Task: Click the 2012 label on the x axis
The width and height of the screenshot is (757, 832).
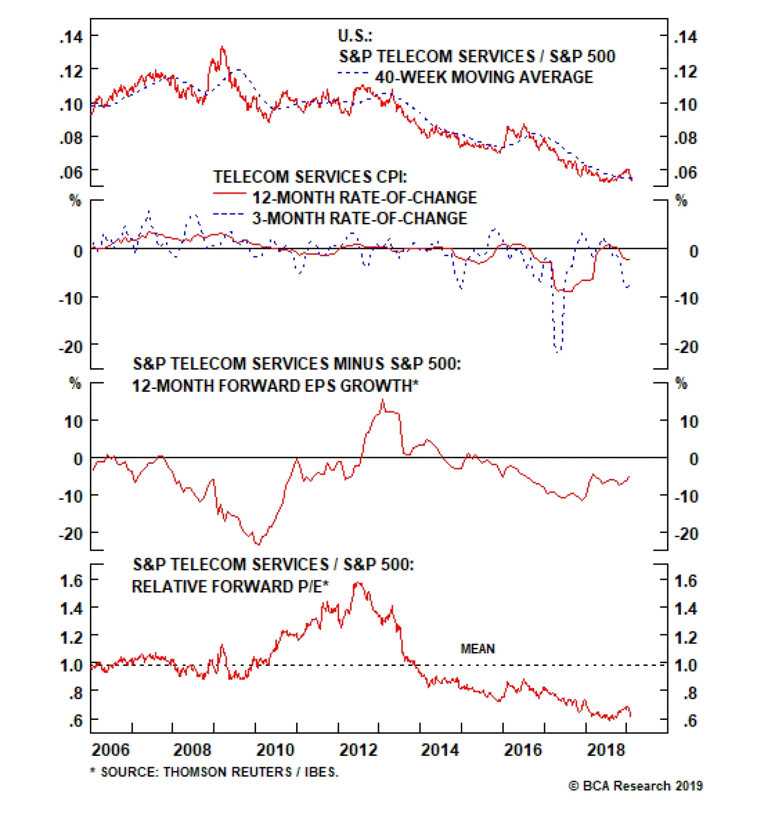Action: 358,750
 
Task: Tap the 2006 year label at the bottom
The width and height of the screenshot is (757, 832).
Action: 110,750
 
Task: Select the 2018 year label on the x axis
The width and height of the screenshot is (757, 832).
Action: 606,750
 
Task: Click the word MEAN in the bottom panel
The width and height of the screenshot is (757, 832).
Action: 477,649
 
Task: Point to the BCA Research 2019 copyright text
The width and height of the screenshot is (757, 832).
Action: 635,786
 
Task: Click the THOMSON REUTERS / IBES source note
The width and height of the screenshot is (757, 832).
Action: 219,772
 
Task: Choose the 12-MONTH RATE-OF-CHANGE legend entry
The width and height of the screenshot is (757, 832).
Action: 364,197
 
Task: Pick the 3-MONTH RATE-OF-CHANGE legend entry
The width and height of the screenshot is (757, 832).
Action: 360,218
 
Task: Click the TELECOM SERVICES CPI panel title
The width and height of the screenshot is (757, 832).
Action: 310,177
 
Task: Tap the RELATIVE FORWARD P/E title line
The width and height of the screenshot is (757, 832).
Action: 230,587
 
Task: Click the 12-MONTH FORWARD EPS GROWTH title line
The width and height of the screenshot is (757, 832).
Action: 275,386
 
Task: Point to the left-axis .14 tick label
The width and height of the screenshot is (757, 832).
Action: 71,36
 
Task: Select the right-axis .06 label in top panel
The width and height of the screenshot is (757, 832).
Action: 686,173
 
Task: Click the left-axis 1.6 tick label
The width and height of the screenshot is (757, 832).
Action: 71,581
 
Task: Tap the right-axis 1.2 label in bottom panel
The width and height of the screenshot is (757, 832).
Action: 686,637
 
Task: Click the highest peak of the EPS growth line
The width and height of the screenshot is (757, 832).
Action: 383,400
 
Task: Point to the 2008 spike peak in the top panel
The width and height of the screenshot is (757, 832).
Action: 222,47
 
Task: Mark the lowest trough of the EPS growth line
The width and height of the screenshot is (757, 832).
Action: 258,544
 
